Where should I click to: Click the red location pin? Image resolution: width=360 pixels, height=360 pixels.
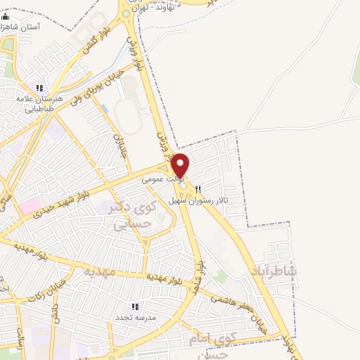tap(181, 164)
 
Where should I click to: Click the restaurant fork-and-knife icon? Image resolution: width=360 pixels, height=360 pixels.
tap(198, 188)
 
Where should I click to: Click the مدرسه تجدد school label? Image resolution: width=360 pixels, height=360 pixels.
tap(134, 318)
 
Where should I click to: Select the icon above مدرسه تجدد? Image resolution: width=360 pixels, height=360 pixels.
tap(135, 307)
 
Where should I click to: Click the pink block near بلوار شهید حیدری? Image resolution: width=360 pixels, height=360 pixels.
tap(30, 206)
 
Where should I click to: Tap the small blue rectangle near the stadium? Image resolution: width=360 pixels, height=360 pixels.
tap(105, 110)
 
